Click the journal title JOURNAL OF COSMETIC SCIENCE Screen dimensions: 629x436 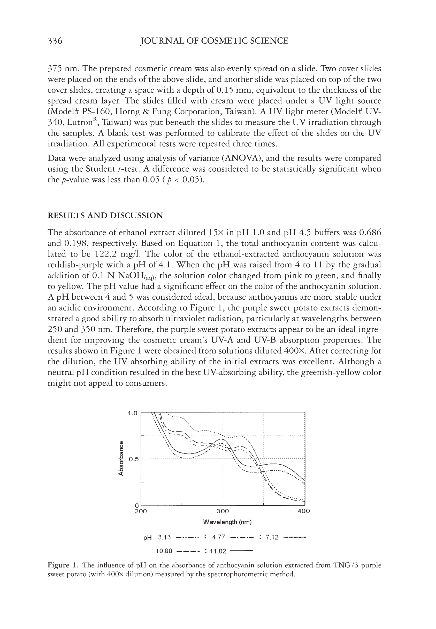tap(214, 41)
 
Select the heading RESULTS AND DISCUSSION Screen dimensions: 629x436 tap(105, 216)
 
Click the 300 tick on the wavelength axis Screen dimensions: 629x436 tap(223, 511)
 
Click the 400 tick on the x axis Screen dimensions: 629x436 tap(303, 511)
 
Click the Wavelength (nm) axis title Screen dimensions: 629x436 tap(227, 522)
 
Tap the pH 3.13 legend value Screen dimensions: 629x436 tap(164, 537)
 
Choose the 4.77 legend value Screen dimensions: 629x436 tap(218, 537)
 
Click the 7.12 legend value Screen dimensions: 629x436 tap(272, 537)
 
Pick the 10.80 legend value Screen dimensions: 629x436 tap(164, 551)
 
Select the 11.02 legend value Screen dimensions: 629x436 tap(218, 551)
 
